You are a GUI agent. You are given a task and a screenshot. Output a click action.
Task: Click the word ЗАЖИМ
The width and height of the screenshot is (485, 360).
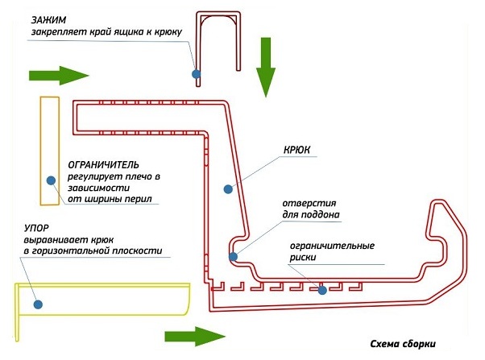(x=48, y=20)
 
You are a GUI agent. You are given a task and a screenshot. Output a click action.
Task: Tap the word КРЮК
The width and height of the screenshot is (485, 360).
(x=296, y=150)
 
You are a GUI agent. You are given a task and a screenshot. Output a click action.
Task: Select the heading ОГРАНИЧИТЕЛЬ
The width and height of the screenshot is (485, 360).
(x=103, y=165)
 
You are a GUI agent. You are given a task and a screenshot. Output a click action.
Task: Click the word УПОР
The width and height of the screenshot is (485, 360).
(x=36, y=228)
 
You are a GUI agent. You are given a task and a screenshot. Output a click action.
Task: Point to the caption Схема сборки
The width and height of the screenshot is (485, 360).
(x=403, y=344)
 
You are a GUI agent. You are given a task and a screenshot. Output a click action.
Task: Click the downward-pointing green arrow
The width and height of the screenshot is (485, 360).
(x=266, y=68)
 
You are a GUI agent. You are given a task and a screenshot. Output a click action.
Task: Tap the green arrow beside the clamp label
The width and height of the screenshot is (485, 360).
(x=59, y=76)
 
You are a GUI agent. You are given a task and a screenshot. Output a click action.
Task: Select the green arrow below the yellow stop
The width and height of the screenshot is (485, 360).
(x=195, y=336)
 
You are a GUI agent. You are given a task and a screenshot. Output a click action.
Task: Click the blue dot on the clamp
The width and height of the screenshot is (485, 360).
(x=196, y=74)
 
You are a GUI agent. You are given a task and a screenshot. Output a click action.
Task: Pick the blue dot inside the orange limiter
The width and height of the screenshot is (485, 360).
(x=51, y=180)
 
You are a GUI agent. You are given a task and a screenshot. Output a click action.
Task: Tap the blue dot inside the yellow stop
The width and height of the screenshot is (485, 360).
(x=38, y=304)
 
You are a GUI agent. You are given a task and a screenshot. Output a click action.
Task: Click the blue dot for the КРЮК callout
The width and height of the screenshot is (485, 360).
(x=228, y=189)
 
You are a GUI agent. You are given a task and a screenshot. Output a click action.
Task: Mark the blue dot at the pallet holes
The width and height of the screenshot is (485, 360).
(x=233, y=257)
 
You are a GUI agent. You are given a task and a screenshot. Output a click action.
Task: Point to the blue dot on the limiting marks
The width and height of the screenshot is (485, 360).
(x=322, y=290)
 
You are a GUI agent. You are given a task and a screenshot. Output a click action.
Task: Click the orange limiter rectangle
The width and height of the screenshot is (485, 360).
(x=41, y=151)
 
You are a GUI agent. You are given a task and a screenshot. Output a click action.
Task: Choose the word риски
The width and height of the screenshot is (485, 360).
(x=303, y=258)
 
